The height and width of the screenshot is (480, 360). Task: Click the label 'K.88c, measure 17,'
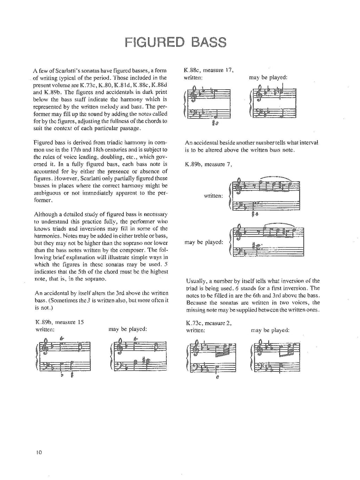209,70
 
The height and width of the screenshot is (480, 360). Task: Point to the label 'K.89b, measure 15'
59,322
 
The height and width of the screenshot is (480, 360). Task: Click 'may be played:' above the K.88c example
268,77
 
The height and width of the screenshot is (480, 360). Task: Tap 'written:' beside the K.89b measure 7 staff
213,196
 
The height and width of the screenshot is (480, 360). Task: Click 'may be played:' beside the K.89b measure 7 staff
204,242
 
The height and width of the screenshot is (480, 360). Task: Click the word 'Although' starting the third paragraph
45,214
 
